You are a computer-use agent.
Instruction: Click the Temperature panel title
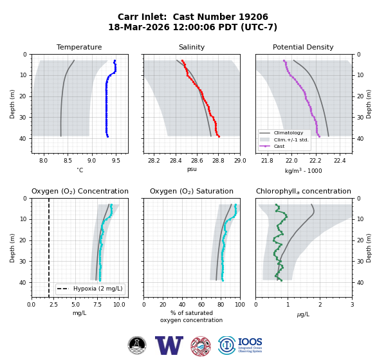point(79,47)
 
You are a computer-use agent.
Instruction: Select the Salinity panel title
point(192,47)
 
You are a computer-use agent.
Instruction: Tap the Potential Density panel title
point(303,47)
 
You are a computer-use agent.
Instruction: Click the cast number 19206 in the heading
point(253,17)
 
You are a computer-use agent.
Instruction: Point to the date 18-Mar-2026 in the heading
point(139,27)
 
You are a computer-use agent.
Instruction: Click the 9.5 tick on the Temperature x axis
point(116,161)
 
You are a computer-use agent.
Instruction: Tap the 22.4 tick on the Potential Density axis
point(340,161)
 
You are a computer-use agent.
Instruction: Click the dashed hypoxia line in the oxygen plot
point(49,248)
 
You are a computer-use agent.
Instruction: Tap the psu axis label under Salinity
point(192,169)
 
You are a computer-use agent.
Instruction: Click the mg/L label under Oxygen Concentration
point(80,313)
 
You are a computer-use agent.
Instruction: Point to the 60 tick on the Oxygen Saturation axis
point(201,305)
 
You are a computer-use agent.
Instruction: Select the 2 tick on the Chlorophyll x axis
point(320,305)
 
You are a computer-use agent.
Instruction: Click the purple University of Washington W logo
point(169,345)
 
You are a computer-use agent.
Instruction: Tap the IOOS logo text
point(250,342)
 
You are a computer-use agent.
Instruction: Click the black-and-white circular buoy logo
point(137,345)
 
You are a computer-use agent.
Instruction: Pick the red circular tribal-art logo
point(201,346)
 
